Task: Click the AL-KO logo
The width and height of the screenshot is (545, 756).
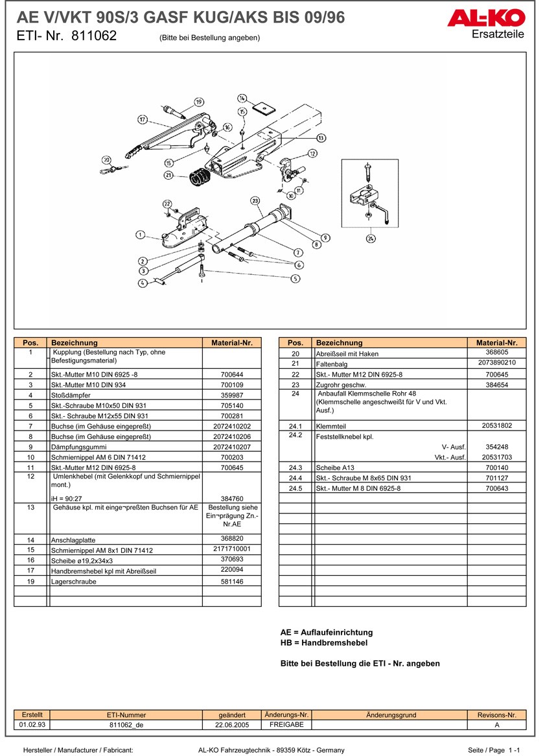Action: coord(485,19)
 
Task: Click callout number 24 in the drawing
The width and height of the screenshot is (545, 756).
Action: coord(371,238)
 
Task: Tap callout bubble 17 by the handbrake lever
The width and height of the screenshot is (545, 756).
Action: coord(143,119)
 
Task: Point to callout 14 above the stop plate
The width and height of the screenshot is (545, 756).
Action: coord(242,98)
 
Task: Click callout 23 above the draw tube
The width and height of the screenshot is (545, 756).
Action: coord(255,200)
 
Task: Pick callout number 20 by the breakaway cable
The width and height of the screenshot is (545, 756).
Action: coord(106,159)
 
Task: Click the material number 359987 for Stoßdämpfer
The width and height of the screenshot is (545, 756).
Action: coord(231,395)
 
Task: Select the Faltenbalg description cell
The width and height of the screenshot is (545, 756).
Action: coord(389,364)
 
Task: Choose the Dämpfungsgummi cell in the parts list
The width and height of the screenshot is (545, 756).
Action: coord(126,447)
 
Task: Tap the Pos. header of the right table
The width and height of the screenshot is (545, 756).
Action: coord(295,342)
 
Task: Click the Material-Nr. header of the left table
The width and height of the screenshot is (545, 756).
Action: coord(231,342)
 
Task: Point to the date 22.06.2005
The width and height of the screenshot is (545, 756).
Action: coord(232,725)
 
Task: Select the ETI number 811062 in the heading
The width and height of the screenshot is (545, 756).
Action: coord(94,36)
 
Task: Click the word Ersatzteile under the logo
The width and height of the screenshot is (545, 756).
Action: coord(498,34)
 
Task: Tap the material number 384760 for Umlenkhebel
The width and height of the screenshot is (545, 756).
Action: coord(231,498)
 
